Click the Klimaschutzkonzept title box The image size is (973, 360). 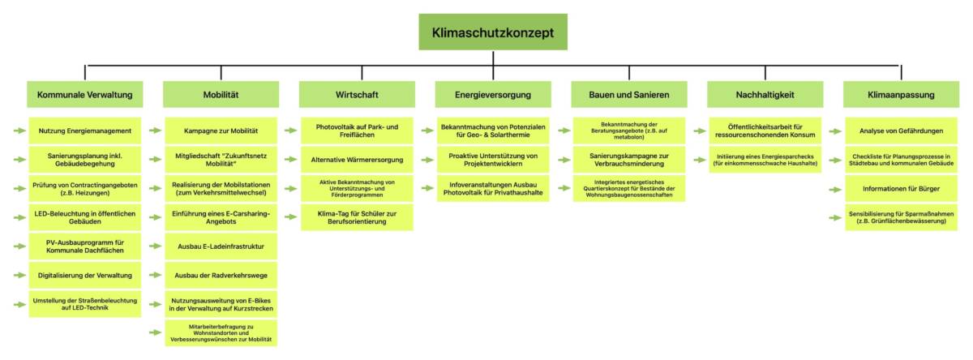(493, 32)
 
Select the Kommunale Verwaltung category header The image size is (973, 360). (85, 95)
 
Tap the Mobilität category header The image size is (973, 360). (221, 95)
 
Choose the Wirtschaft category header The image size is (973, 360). (357, 95)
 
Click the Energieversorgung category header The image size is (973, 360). (493, 95)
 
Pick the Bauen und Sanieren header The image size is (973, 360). (629, 95)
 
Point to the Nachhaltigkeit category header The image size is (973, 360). (765, 95)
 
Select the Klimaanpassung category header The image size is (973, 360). (901, 95)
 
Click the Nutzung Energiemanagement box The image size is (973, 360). (85, 130)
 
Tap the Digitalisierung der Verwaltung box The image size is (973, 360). (85, 275)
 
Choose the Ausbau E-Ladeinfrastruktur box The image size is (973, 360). (221, 245)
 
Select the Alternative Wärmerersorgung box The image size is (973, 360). (357, 159)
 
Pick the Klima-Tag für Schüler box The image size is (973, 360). (357, 216)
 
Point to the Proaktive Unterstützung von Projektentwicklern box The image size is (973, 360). (493, 159)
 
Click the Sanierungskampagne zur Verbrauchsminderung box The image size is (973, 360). (629, 159)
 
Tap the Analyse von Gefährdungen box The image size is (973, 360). (901, 130)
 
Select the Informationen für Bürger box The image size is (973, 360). (901, 188)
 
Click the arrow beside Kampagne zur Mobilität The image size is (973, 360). (154, 130)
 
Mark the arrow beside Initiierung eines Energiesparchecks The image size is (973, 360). (699, 159)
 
